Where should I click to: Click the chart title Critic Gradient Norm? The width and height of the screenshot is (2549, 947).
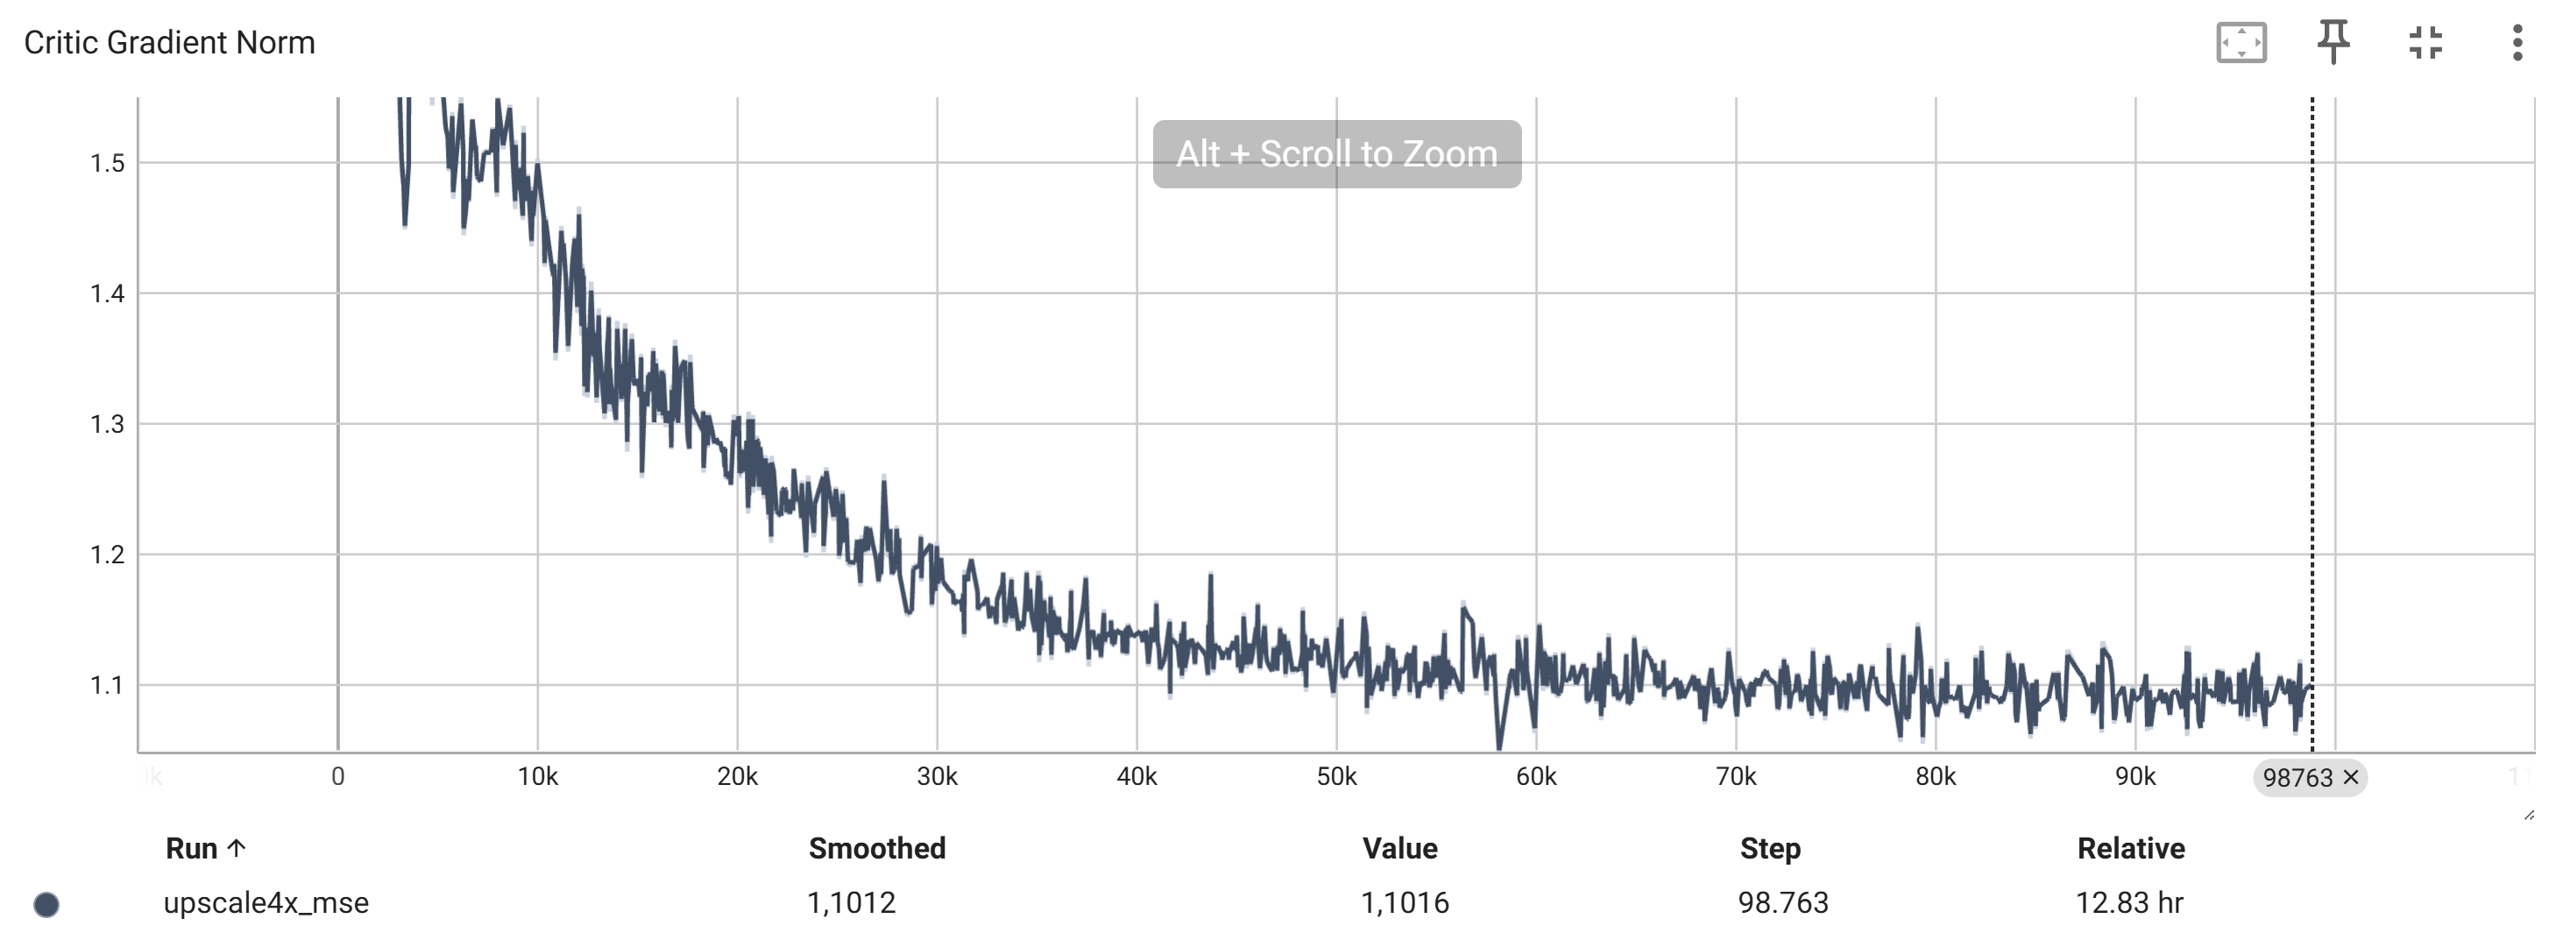pos(169,43)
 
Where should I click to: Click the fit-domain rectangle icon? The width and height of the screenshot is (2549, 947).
pos(2241,43)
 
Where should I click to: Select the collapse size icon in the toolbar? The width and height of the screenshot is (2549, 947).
pos(2425,43)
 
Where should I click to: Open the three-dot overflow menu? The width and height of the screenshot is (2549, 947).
pos(2517,43)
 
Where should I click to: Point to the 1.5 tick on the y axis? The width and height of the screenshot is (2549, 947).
pos(107,163)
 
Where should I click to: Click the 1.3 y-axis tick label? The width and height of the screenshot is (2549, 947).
pos(107,425)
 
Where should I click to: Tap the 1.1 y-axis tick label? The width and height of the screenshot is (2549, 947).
pos(107,686)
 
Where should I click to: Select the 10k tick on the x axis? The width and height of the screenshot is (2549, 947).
pos(537,777)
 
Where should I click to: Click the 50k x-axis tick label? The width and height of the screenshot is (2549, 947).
pos(1336,777)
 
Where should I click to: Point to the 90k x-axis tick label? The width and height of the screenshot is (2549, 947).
pos(2135,777)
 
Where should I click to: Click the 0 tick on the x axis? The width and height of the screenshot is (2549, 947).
pos(337,777)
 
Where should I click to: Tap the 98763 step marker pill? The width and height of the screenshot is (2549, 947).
pos(2298,778)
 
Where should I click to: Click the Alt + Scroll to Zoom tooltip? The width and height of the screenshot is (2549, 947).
pos(1336,154)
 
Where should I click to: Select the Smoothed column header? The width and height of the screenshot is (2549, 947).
pos(877,848)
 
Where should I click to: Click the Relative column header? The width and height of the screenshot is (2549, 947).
pos(2130,848)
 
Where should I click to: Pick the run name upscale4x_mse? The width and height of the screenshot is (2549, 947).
pos(266,902)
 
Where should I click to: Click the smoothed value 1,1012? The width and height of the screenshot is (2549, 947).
pos(851,902)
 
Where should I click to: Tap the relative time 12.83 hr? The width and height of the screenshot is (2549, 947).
pos(2128,902)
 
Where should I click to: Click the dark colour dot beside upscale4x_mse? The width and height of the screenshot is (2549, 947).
pos(46,904)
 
